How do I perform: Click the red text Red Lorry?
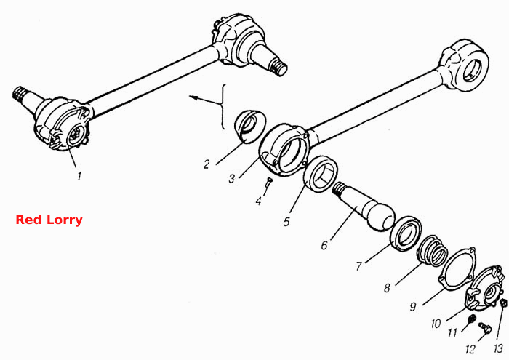pyautogui.click(x=49, y=220)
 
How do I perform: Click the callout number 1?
pyautogui.click(x=79, y=176)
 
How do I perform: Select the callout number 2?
pyautogui.click(x=207, y=164)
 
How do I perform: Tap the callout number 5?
pyautogui.click(x=286, y=222)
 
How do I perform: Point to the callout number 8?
pyautogui.click(x=387, y=288)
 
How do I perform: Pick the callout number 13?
pyautogui.click(x=498, y=349)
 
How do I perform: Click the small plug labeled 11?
pyautogui.click(x=471, y=319)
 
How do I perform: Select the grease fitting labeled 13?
pyautogui.click(x=503, y=303)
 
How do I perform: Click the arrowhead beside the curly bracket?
pyautogui.click(x=192, y=97)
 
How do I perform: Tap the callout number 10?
pyautogui.click(x=436, y=324)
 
